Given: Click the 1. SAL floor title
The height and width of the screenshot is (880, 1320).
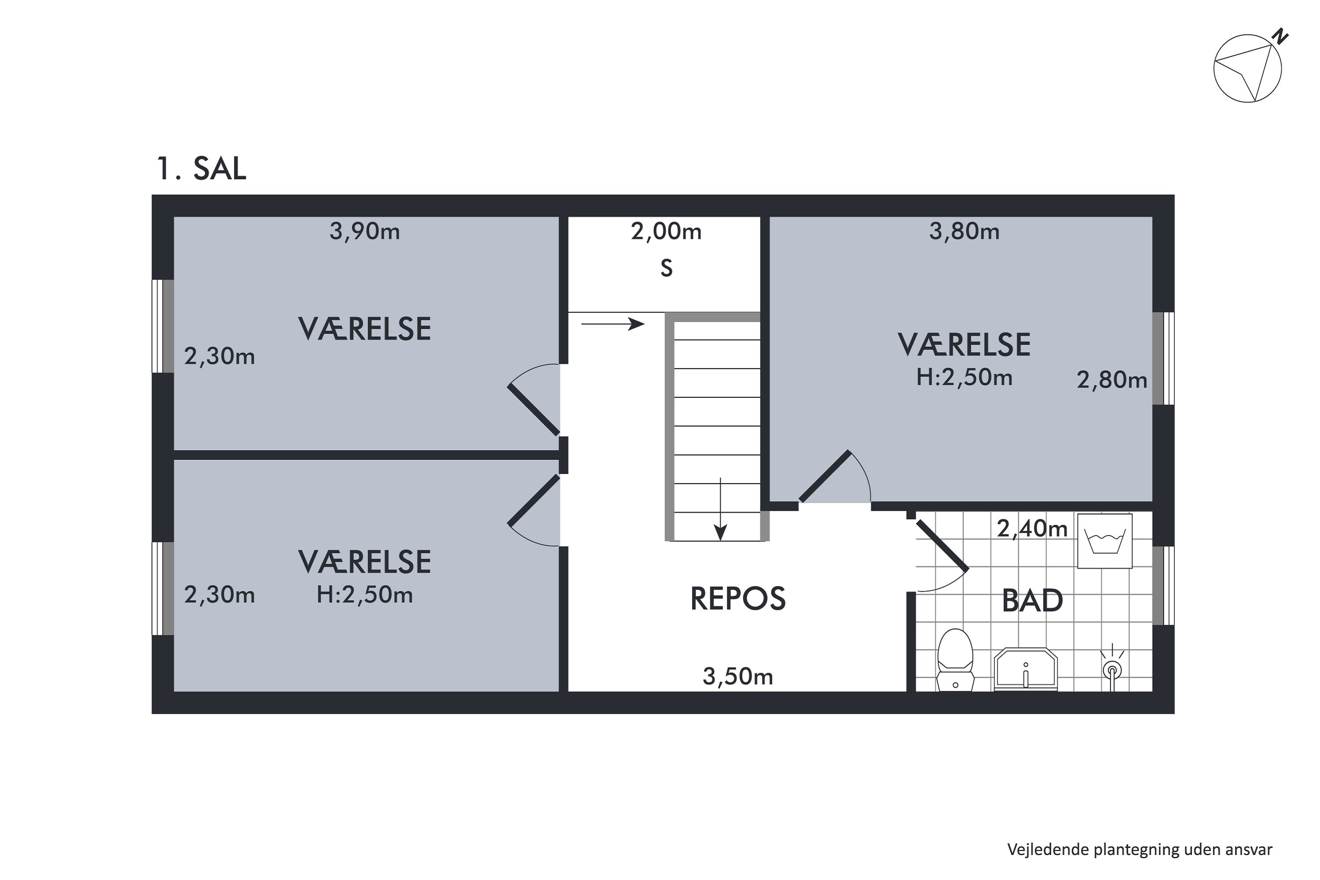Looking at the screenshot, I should point(202,169).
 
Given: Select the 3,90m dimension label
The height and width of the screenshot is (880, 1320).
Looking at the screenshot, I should point(364,231).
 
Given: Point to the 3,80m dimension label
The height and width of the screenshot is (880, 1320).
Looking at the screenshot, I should point(964,231).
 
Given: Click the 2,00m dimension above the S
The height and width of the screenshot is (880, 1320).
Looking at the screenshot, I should point(666,231).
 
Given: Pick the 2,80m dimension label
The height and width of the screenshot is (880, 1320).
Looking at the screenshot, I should point(1111,381).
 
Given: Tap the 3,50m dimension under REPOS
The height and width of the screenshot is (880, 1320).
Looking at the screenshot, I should point(737,677).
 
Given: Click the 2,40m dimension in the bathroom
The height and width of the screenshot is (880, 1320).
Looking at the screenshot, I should point(1031,529).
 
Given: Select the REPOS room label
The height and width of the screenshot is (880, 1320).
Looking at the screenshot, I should point(737,599).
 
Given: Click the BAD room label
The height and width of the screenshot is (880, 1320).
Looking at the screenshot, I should point(1032,601).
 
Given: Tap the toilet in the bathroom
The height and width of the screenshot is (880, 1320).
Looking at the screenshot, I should point(955,660).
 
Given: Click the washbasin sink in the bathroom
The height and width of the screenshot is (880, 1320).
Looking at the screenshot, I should point(1025,669).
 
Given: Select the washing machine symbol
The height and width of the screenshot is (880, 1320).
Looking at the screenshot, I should point(1104,541).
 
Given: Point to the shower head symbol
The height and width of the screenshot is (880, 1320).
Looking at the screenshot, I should point(1112,668).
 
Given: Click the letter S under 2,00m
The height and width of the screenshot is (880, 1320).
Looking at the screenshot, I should point(666,269).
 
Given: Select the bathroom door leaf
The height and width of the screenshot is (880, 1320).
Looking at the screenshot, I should point(942,546).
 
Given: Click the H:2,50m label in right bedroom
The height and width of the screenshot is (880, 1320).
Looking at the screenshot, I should point(964,378).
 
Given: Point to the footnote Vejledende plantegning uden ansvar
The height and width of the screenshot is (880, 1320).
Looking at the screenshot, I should point(1139,850).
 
